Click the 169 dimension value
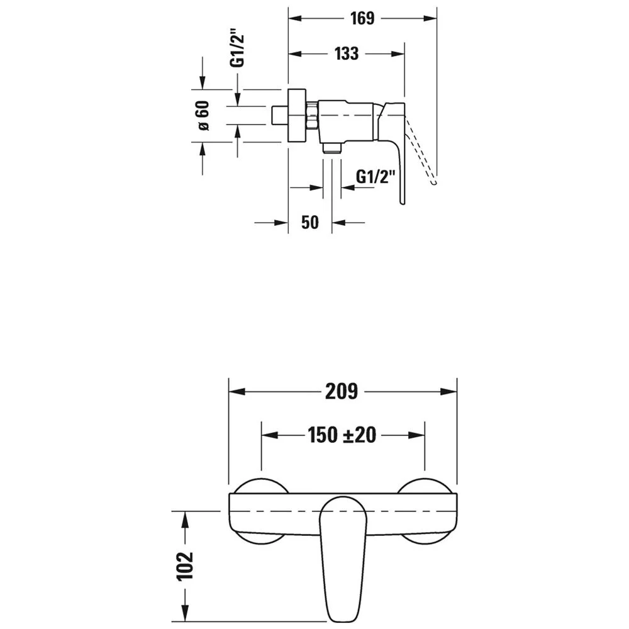[362, 18]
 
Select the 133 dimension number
[347, 53]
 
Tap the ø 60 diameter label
[204, 116]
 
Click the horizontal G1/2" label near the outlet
[376, 177]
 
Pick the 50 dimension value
[309, 222]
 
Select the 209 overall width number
[342, 391]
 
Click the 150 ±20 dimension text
[342, 435]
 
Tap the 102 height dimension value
[185, 566]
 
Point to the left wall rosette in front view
[261, 511]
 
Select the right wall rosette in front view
[425, 511]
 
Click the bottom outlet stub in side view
[331, 148]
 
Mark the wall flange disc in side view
[297, 116]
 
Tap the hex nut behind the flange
[312, 116]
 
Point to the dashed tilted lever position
[420, 150]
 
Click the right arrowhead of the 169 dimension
[430, 18]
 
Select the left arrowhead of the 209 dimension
[237, 391]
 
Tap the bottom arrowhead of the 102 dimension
[185, 614]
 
